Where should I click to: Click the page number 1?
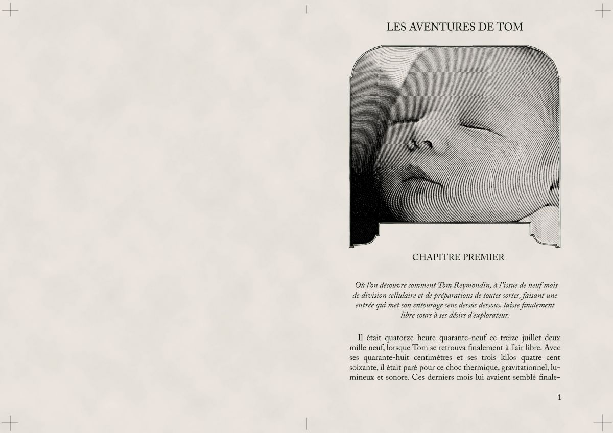click(560, 397)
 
